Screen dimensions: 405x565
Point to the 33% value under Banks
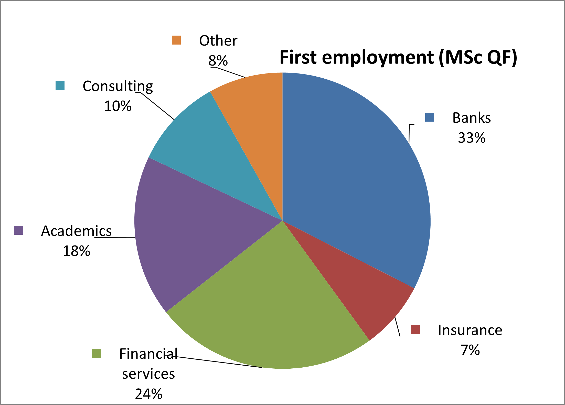click(x=472, y=138)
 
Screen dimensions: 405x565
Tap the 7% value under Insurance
click(x=470, y=350)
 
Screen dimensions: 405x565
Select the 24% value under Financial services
click(x=148, y=394)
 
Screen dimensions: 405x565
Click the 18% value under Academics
click(x=76, y=251)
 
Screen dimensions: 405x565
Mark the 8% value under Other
click(x=218, y=61)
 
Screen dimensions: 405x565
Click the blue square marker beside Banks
click(x=430, y=117)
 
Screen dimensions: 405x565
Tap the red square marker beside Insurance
click(x=415, y=329)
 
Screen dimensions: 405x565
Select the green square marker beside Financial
click(x=97, y=353)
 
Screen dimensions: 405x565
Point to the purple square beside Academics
click(x=18, y=230)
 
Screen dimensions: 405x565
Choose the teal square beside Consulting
click(x=60, y=86)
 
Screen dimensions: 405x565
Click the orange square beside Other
click(x=176, y=40)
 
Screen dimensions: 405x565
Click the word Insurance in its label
click(x=470, y=330)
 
